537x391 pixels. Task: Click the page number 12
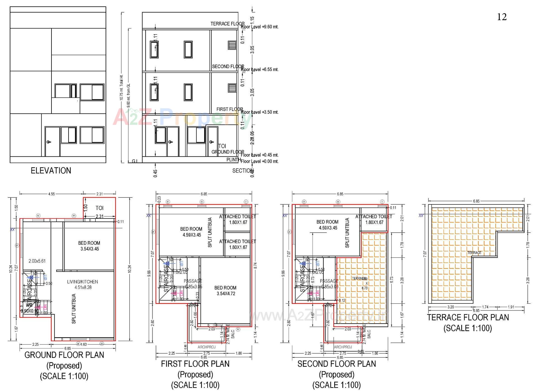(502, 17)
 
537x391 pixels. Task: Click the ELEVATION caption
(51, 171)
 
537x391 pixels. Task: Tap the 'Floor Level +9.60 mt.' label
(260, 27)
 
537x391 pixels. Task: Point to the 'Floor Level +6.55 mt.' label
(260, 70)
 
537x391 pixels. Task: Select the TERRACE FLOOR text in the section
(227, 24)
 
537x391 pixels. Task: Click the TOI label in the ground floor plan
(99, 208)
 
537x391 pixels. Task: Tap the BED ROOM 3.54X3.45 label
(89, 246)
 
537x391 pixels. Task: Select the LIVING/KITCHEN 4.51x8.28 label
(83, 284)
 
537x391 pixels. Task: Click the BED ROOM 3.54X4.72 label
(225, 291)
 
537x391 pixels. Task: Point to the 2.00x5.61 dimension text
(37, 261)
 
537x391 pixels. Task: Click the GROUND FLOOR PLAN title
(64, 355)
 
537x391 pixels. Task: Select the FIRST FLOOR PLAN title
(195, 364)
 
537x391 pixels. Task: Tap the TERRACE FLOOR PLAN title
(468, 317)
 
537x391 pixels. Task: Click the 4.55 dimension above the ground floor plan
(51, 194)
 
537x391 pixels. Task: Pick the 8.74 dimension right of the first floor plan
(255, 266)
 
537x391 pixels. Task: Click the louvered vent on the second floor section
(232, 46)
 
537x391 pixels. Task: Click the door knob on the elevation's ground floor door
(49, 142)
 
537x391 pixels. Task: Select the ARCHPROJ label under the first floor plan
(207, 347)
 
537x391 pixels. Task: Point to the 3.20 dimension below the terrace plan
(451, 307)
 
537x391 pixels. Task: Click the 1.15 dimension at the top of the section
(252, 20)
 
